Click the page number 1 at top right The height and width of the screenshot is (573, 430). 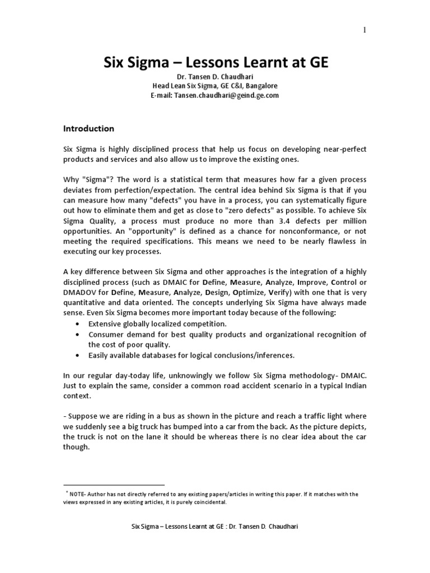(365, 31)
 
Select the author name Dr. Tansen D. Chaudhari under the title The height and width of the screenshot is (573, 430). (215, 77)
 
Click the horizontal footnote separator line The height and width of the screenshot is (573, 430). (114, 485)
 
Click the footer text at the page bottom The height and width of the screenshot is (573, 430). (215, 527)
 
